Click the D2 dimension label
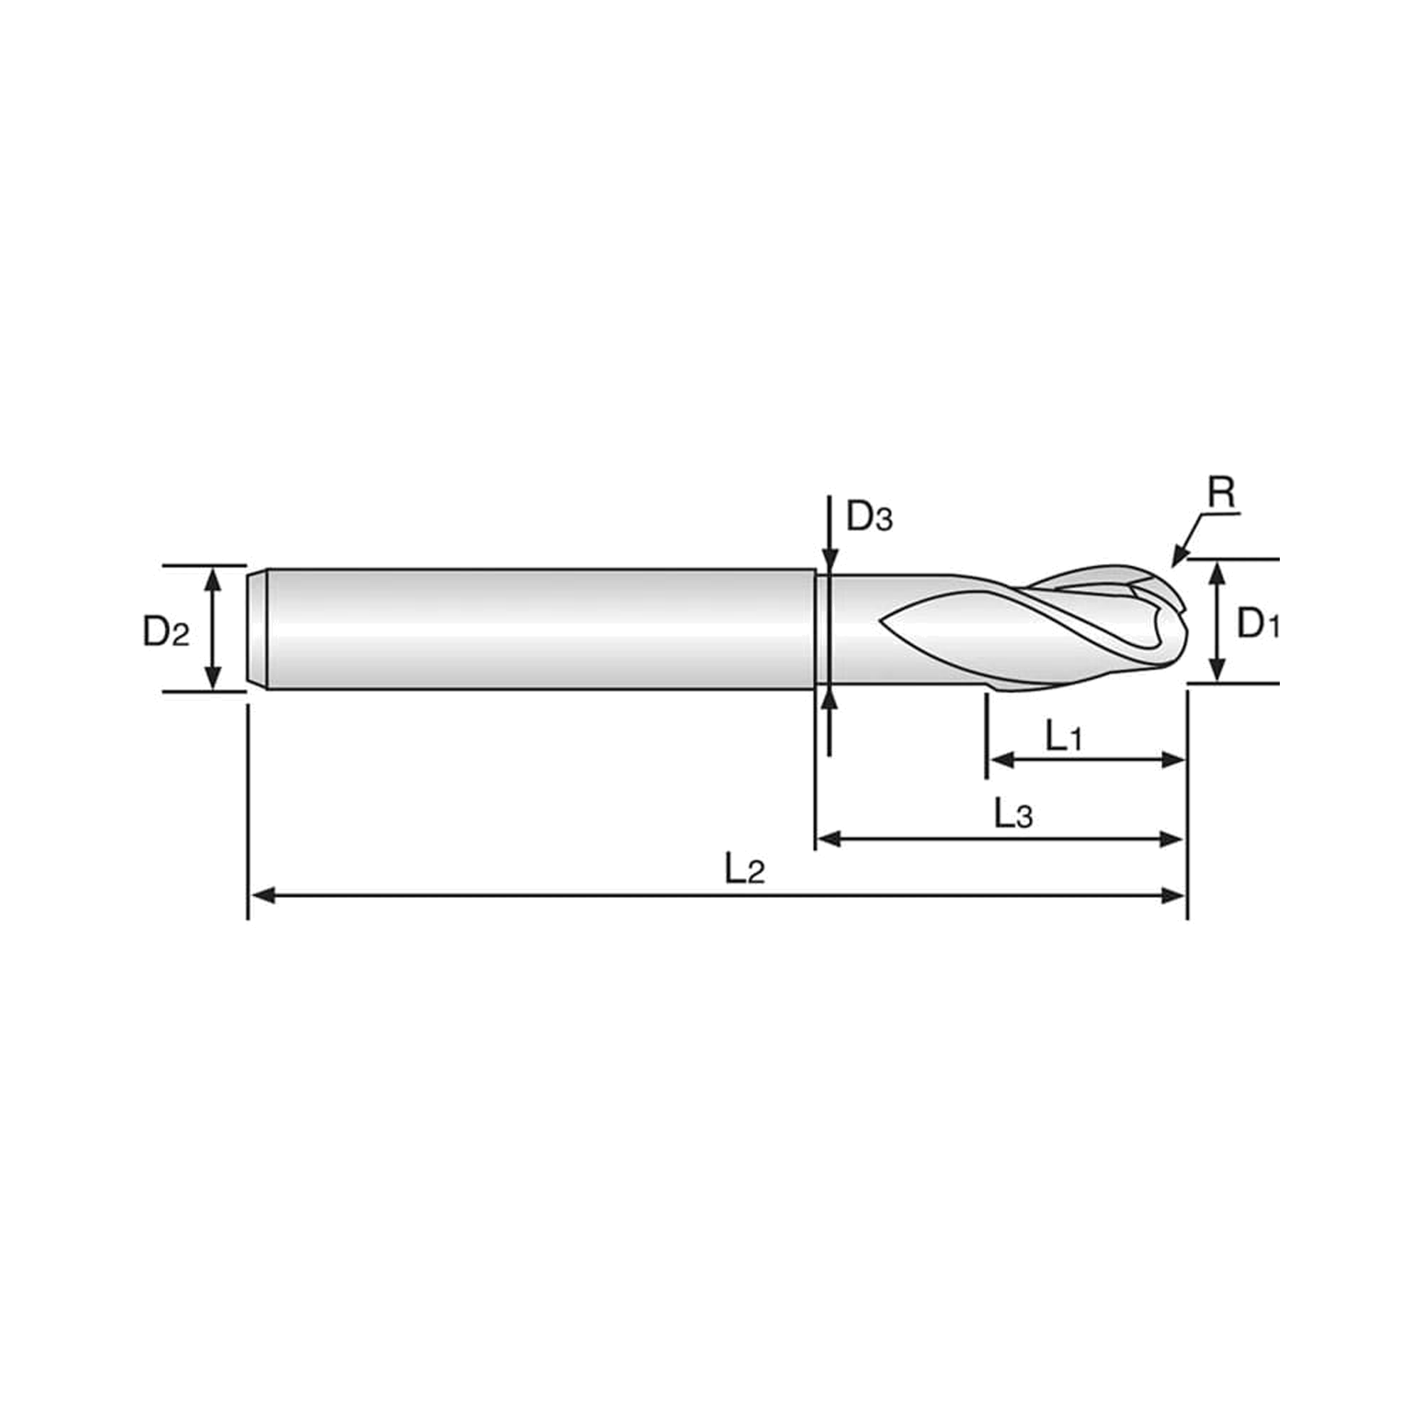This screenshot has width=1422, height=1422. pos(166,631)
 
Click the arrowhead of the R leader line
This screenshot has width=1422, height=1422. pos(1178,558)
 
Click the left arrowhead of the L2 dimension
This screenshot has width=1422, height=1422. pos(263,895)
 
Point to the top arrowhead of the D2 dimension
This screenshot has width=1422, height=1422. pos(213,579)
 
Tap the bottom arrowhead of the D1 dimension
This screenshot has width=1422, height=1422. pos(1218,669)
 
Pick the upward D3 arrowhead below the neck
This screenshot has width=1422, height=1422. pos(829,700)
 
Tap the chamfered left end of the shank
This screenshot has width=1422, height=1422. pos(257,629)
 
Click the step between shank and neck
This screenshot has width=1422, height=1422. pos(816,629)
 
